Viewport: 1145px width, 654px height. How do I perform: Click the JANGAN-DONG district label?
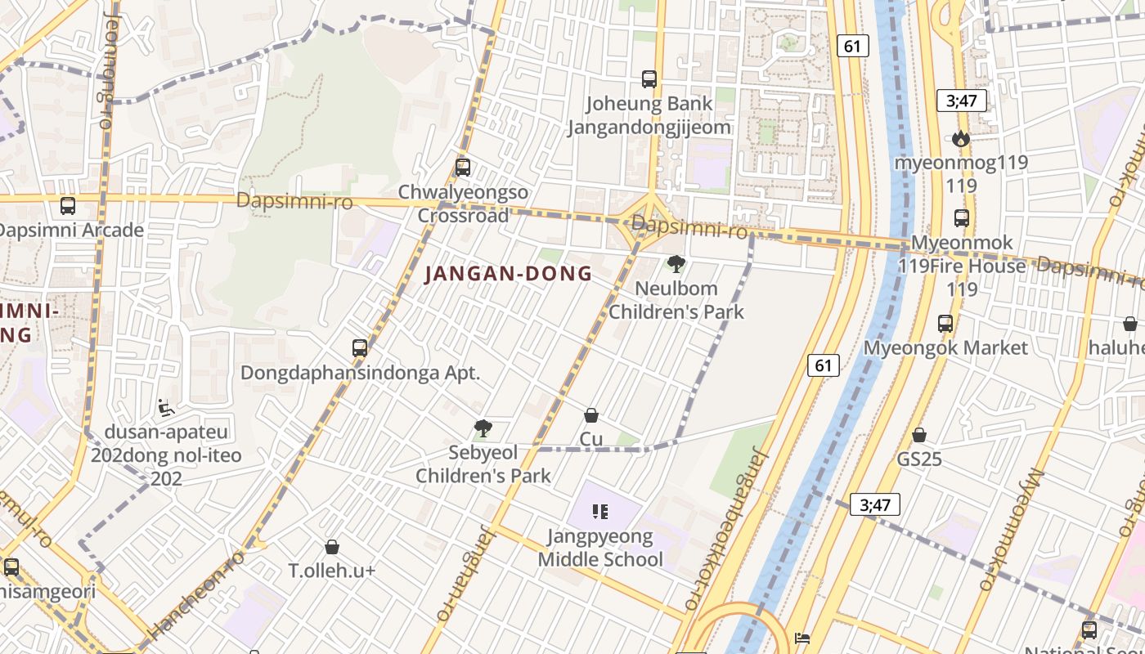pos(508,274)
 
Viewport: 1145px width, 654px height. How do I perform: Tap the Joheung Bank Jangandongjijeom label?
pos(649,115)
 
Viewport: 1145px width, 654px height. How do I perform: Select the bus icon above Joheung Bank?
pos(649,79)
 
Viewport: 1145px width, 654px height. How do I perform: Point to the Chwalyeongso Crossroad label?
pos(463,204)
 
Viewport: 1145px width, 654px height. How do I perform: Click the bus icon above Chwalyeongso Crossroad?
pos(463,168)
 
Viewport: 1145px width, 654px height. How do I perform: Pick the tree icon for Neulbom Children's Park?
pos(676,264)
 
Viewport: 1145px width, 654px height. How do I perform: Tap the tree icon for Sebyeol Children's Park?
pos(483,428)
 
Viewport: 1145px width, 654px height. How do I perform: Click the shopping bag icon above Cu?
pos(591,415)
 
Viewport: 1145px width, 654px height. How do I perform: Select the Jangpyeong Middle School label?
pos(600,548)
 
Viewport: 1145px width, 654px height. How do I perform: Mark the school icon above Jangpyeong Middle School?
pos(600,512)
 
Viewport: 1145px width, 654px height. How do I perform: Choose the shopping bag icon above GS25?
pos(919,435)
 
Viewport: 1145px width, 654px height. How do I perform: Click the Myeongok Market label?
pos(945,347)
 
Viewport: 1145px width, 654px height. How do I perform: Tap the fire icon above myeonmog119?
pos(961,139)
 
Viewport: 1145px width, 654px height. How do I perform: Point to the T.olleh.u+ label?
pos(332,571)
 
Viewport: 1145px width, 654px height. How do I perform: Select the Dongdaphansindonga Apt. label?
pos(360,373)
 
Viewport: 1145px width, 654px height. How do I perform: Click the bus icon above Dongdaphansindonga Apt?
pos(360,347)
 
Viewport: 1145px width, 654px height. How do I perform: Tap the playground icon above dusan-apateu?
pos(166,406)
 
